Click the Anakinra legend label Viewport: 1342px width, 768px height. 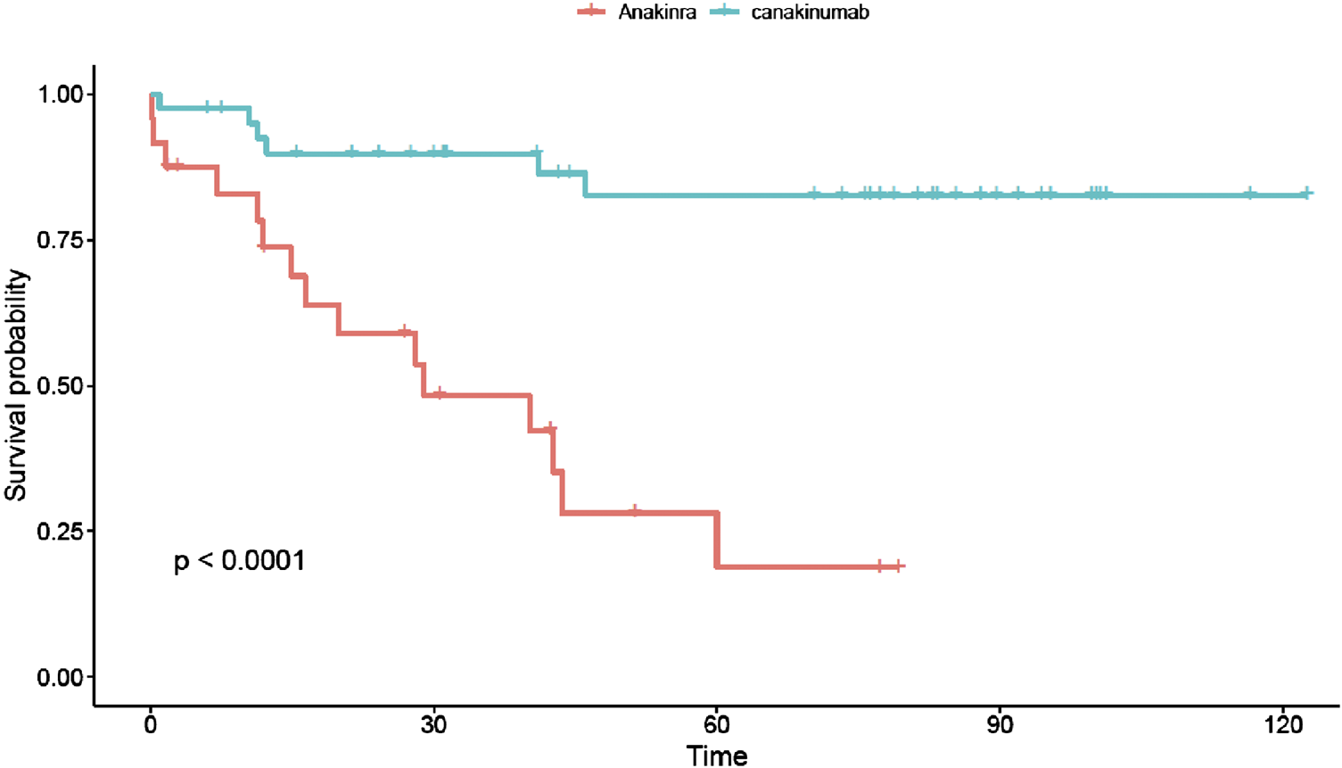656,12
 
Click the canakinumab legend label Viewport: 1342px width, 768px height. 808,12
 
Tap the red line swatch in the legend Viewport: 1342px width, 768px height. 591,12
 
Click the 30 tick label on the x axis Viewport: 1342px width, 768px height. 433,724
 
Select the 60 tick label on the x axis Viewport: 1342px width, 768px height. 716,724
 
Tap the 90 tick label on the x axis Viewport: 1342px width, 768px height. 1000,724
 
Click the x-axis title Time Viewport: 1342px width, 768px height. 716,756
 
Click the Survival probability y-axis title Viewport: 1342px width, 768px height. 17,385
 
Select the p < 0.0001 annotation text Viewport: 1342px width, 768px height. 239,561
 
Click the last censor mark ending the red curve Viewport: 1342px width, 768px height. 900,566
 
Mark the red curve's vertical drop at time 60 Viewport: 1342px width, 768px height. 717,540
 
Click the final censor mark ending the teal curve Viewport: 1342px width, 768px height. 1307,193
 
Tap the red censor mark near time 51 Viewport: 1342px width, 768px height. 635,512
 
